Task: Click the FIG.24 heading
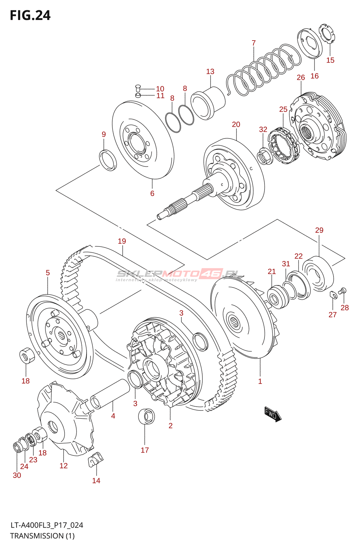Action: [x=30, y=15]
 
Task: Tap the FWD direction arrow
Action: [x=273, y=414]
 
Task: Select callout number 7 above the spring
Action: [x=254, y=43]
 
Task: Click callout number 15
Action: [x=330, y=60]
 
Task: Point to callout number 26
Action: [x=301, y=78]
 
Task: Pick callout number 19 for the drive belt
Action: [x=122, y=241]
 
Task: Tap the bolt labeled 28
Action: [x=342, y=291]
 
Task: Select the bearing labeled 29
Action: [x=318, y=273]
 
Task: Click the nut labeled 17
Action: [x=146, y=416]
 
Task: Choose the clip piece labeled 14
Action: [x=96, y=459]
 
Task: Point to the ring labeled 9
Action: [x=108, y=160]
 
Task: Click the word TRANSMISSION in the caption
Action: [x=37, y=536]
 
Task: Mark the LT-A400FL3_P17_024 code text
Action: [x=47, y=525]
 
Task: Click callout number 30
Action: [x=17, y=475]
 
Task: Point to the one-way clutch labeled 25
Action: [x=284, y=146]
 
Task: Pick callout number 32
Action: [x=263, y=130]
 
